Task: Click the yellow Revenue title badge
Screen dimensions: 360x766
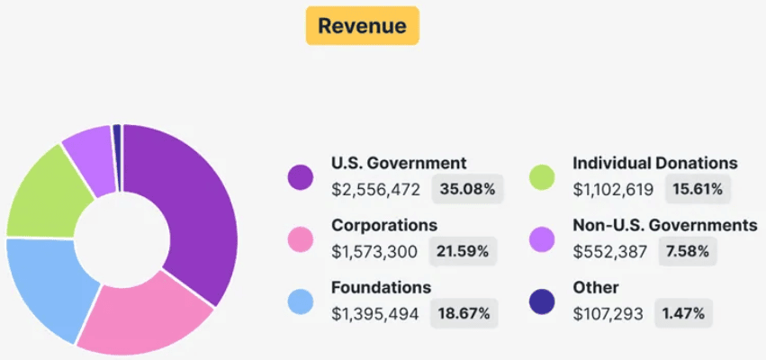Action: coord(362,25)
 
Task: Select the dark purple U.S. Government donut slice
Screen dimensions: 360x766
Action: coord(194,216)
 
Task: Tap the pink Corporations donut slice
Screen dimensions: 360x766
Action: coord(144,315)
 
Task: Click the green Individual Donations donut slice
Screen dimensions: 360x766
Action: coord(50,193)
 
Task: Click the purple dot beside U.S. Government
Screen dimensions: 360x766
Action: coord(300,177)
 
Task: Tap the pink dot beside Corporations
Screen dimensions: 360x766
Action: coord(300,239)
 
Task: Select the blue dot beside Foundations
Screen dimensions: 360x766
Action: coord(300,302)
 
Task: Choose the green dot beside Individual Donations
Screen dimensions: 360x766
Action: coord(541,177)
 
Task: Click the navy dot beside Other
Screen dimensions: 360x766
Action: coord(541,302)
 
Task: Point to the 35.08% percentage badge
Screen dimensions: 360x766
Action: coord(468,190)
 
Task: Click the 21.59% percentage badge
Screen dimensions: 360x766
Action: coord(463,252)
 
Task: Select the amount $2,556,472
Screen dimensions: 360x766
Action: coord(375,190)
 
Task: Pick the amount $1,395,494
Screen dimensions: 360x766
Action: coord(375,314)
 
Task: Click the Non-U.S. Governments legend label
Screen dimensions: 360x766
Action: coord(664,225)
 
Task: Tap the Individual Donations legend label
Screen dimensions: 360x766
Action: coord(655,163)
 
